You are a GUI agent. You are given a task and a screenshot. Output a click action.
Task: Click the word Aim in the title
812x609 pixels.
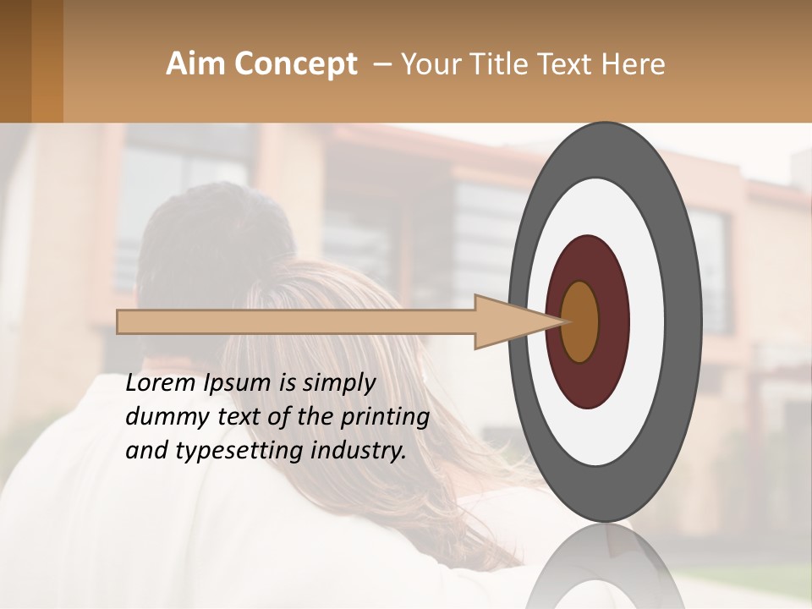coord(195,64)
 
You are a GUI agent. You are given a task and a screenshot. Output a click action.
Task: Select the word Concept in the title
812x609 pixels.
coord(295,64)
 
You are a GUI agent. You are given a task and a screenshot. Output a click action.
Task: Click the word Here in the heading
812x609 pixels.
coord(634,64)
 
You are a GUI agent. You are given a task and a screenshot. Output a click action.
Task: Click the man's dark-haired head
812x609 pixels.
coord(211,237)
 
